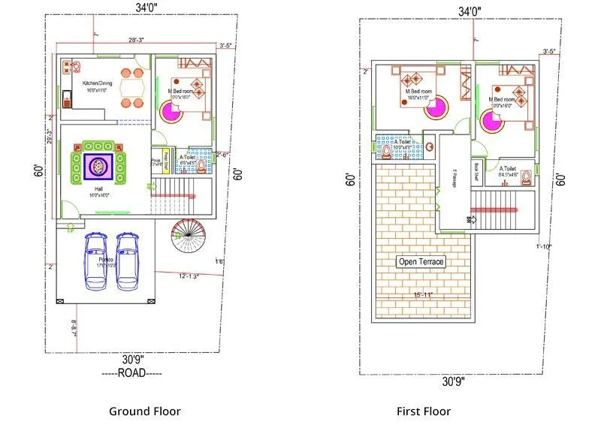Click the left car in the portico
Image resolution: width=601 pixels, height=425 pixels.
click(x=96, y=261)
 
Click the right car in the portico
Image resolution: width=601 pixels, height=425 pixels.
click(x=128, y=261)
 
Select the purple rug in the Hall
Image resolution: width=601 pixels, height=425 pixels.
click(x=99, y=166)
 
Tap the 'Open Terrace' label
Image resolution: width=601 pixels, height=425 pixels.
click(x=421, y=262)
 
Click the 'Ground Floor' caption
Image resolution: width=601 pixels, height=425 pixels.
click(x=145, y=411)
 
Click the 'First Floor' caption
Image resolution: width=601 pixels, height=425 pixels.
click(x=424, y=411)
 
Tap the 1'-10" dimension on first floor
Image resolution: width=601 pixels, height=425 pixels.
click(x=543, y=247)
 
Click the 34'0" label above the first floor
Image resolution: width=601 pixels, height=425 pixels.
click(x=470, y=11)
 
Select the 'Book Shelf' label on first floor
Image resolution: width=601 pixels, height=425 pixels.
click(x=476, y=173)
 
